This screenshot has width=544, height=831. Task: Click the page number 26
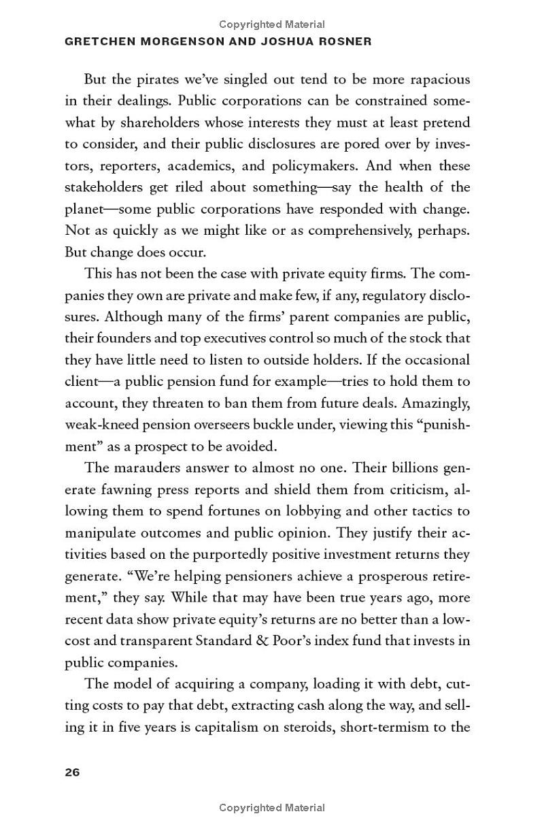[72, 772]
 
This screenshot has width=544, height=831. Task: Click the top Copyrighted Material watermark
[272, 25]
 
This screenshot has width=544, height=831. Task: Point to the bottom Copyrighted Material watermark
[272, 808]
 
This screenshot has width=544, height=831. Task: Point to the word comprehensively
[362, 231]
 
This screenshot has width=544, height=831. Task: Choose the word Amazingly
[437, 403]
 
